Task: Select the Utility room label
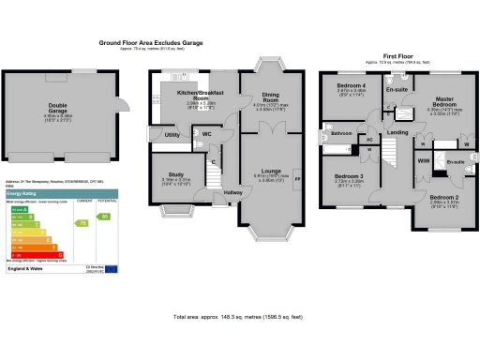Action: click(x=172, y=136)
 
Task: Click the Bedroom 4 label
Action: click(x=352, y=86)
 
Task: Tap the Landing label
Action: click(x=397, y=133)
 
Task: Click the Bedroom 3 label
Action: click(x=349, y=175)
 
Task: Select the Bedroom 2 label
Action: click(x=445, y=198)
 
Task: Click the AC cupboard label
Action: click(x=369, y=139)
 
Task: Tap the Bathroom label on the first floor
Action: click(x=339, y=133)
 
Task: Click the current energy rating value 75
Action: click(x=83, y=223)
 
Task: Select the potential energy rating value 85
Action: click(x=105, y=217)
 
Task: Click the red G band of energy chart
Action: click(x=37, y=254)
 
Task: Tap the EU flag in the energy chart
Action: click(x=112, y=269)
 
